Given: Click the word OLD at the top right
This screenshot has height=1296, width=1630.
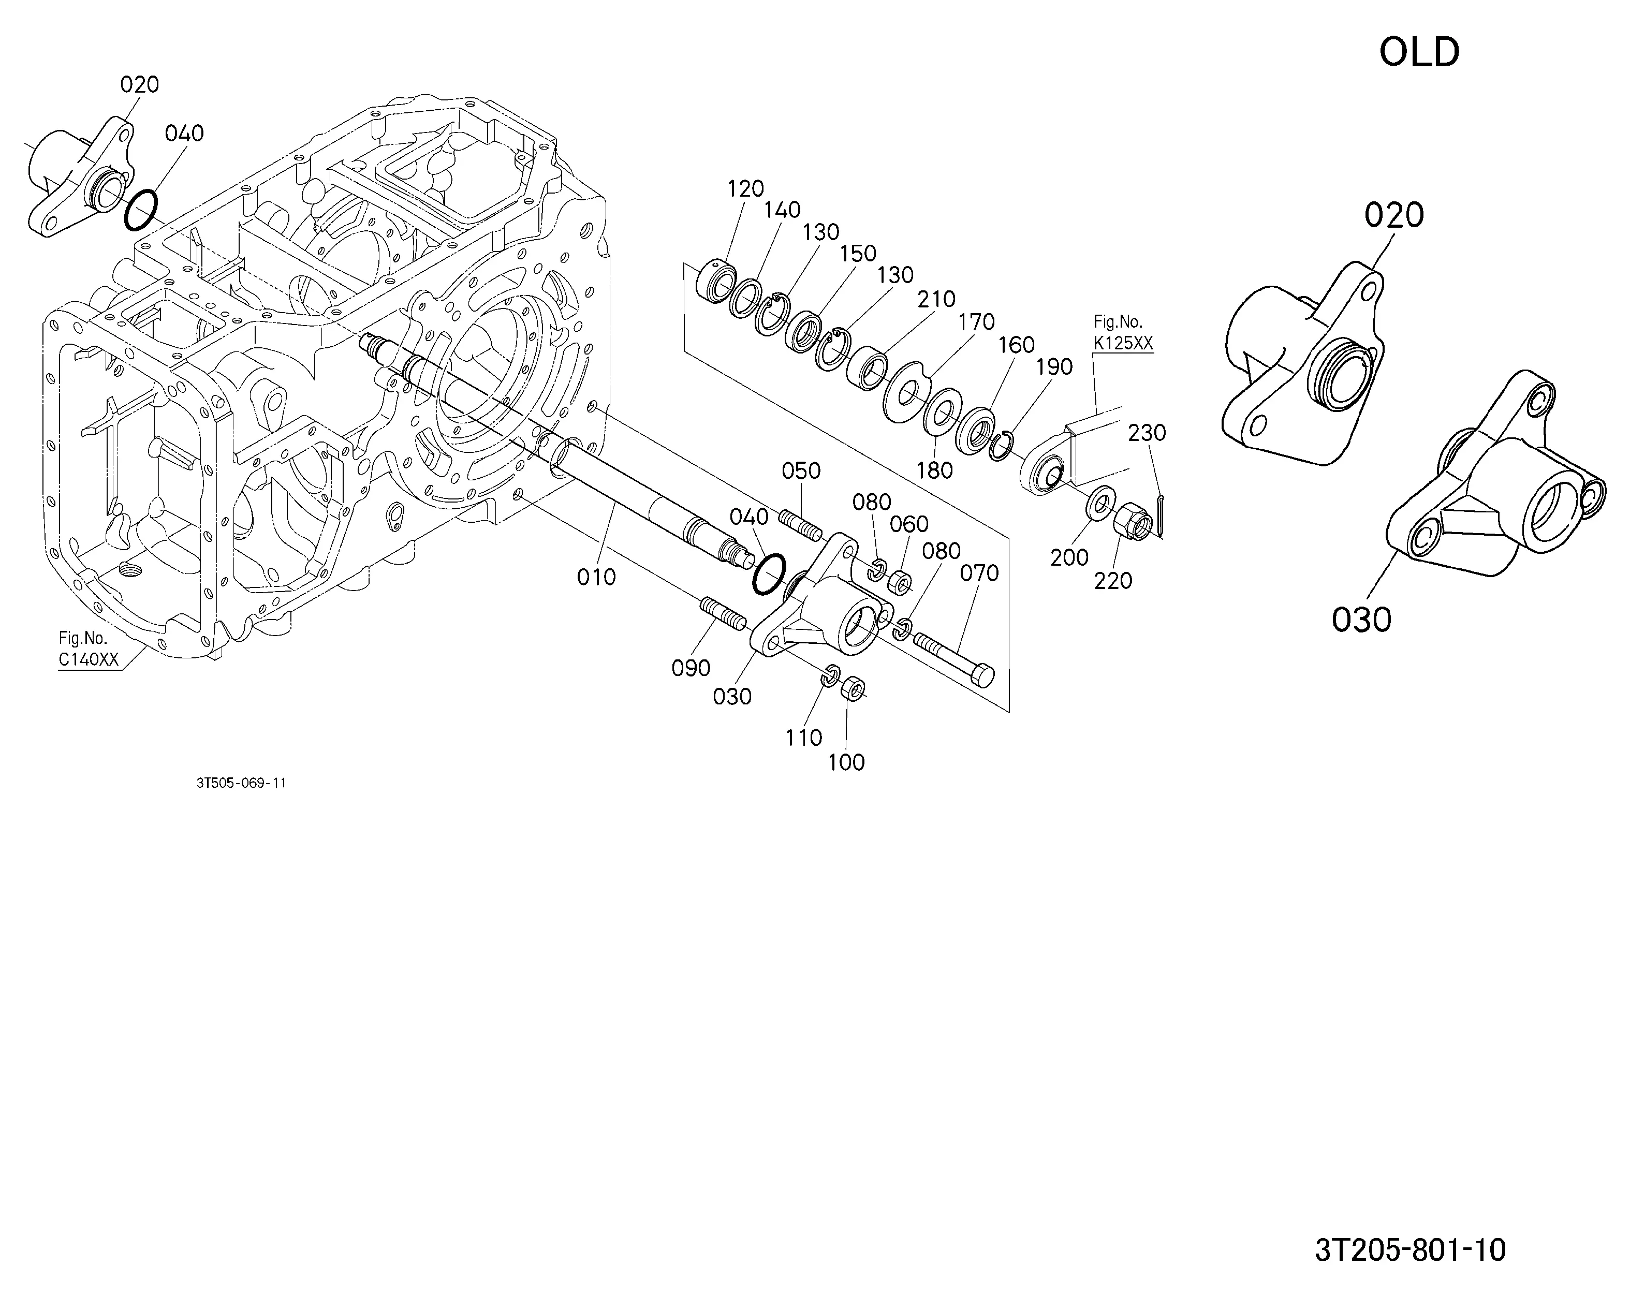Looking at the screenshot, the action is coord(1419,52).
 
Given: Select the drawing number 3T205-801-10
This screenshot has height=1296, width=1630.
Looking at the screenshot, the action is coord(1410,1250).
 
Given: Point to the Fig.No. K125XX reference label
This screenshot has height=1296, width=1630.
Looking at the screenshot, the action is coord(1123,333).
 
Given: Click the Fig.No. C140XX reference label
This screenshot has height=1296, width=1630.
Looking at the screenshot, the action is coord(89,649).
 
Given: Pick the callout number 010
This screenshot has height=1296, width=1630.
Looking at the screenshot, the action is coord(596,578).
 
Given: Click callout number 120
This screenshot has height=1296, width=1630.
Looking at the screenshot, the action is coord(745,189).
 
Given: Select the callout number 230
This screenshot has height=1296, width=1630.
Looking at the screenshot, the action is coord(1147,433).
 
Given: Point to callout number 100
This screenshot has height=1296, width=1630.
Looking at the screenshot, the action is coord(846,762).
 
